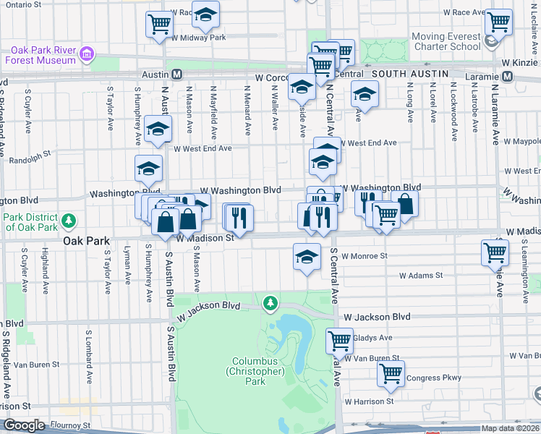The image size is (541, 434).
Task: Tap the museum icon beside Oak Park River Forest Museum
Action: click(x=88, y=54)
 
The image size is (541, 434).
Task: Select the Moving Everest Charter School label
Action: click(x=446, y=41)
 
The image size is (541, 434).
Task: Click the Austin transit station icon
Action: click(x=177, y=75)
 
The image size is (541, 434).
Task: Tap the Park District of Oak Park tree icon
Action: click(x=69, y=219)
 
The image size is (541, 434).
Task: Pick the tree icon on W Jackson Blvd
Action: click(x=270, y=302)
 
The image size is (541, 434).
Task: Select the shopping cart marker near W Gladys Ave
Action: click(x=338, y=339)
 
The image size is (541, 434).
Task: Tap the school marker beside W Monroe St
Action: click(x=307, y=256)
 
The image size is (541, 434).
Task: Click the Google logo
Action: click(x=25, y=425)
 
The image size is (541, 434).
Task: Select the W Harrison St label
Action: click(x=369, y=401)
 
